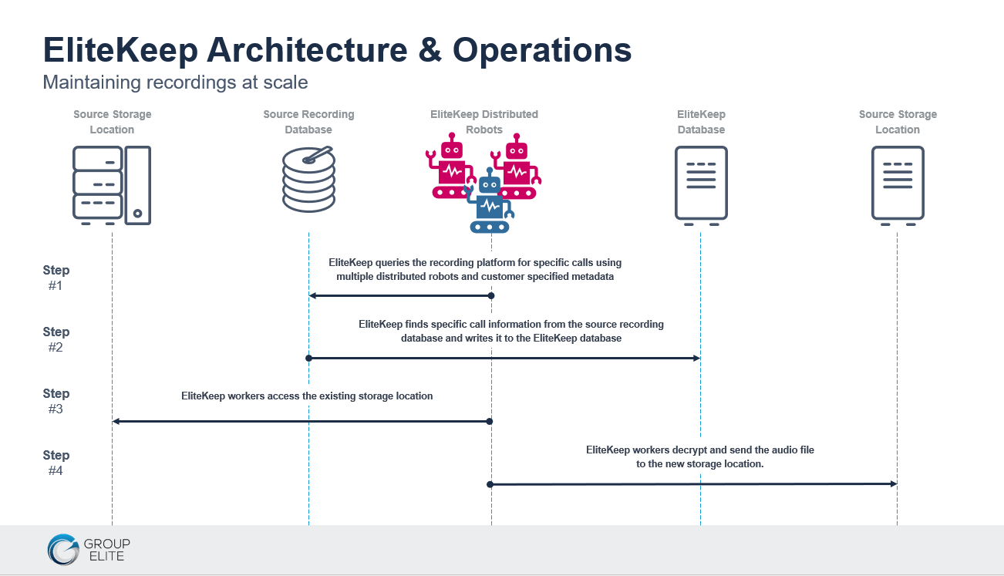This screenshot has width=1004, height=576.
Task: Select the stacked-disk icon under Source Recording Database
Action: (x=308, y=180)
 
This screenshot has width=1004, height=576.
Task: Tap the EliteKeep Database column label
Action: (x=701, y=122)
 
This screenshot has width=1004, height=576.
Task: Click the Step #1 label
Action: (x=56, y=278)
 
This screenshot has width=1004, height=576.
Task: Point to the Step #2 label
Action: (x=56, y=339)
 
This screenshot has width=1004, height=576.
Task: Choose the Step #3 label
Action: (x=56, y=401)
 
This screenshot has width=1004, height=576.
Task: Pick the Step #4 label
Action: (x=56, y=463)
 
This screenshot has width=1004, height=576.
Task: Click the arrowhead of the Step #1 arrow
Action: (x=312, y=296)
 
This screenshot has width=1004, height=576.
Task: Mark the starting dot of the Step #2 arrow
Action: (x=308, y=358)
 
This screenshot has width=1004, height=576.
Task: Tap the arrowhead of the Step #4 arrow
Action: (x=894, y=483)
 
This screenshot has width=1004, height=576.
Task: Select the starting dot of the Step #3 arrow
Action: (x=490, y=421)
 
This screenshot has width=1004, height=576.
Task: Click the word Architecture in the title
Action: (x=307, y=50)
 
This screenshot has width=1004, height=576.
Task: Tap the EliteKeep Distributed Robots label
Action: (x=484, y=122)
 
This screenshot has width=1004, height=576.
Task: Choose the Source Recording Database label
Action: (x=308, y=122)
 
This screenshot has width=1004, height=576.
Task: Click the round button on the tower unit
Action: (x=137, y=214)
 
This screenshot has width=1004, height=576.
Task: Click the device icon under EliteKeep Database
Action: (x=701, y=186)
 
